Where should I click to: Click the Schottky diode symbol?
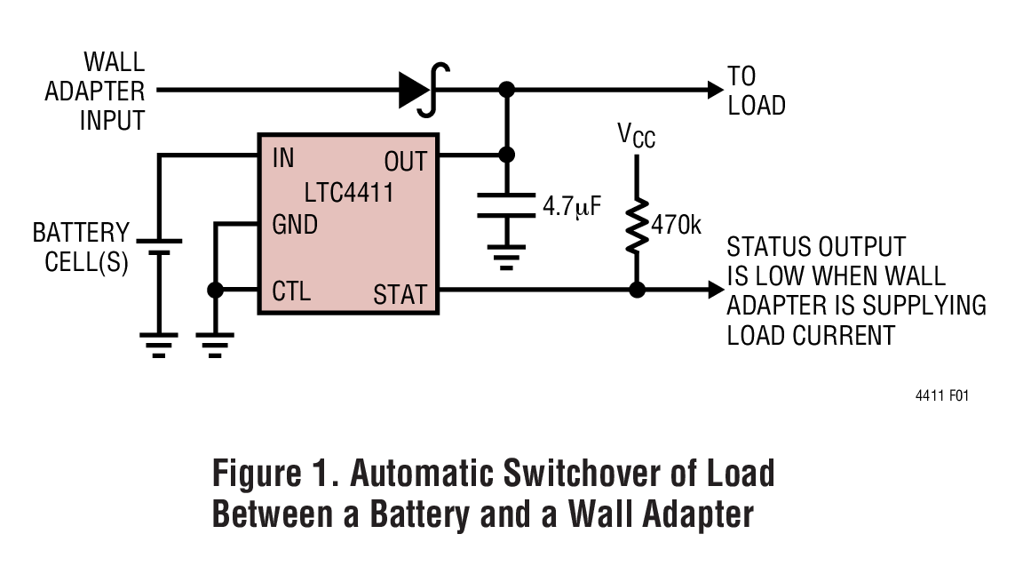[422, 89]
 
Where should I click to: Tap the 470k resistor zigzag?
[636, 226]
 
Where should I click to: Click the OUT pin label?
[406, 162]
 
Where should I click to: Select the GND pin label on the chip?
[295, 226]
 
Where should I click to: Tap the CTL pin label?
[291, 291]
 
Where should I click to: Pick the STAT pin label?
[400, 293]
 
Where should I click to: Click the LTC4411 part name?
[346, 192]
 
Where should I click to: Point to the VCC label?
[636, 136]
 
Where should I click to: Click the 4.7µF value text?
[572, 208]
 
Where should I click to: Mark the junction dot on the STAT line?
[636, 290]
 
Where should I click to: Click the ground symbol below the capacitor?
[507, 259]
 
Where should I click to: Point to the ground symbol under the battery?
[159, 345]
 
